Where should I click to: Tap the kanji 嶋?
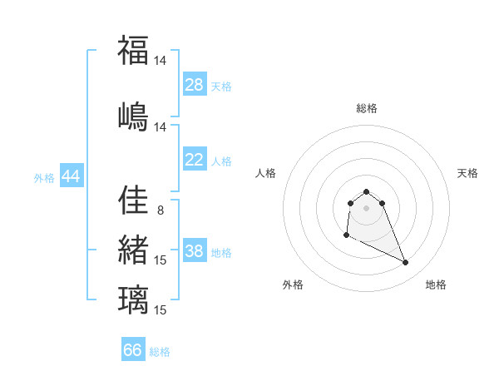(133, 115)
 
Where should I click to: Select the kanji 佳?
(133, 200)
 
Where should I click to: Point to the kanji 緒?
(133, 249)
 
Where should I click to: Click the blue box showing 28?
(195, 85)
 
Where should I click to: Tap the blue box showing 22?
(195, 160)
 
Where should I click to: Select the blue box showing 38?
(195, 251)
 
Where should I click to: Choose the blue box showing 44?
(71, 176)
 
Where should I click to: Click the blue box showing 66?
(133, 350)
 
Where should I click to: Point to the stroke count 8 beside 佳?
(161, 210)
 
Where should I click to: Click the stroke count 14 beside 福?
(161, 61)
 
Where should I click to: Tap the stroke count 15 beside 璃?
(161, 310)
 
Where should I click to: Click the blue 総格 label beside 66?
(160, 352)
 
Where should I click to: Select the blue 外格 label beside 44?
(44, 178)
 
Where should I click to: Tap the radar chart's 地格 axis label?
(436, 285)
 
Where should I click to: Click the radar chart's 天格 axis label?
(467, 173)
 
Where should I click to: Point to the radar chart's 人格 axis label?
(266, 173)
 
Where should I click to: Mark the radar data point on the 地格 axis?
(406, 263)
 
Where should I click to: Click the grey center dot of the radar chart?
(366, 208)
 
